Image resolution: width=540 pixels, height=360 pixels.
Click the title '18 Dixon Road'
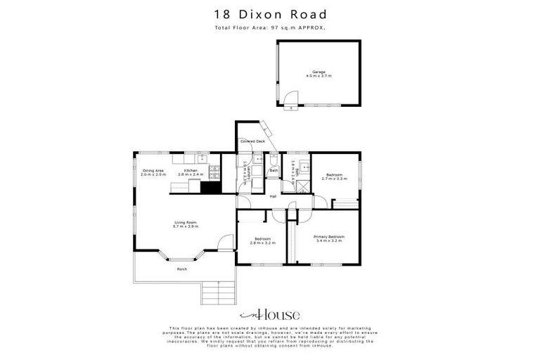[x=270, y=14]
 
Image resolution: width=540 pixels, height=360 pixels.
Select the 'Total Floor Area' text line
[x=270, y=27]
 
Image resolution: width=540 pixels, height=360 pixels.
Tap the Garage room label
[x=319, y=73]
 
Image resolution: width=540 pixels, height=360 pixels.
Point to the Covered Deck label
[x=252, y=141]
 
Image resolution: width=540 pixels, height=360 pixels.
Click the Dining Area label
[x=153, y=172]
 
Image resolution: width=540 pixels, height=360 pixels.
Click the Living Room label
[x=186, y=224]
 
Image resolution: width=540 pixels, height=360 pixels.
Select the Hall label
[x=273, y=196]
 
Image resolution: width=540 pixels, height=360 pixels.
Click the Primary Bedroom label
[x=327, y=239]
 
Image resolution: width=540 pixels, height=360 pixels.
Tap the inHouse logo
[x=270, y=314]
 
